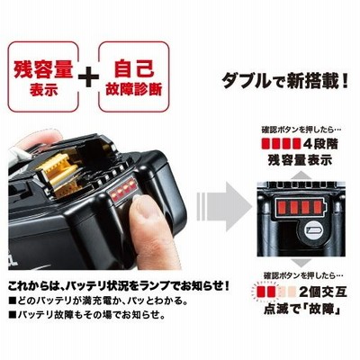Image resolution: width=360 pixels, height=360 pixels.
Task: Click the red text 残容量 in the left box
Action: click(43, 69)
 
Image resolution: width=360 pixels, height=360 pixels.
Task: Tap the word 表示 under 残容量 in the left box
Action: click(43, 90)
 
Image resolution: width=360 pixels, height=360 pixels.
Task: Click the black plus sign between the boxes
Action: click(88, 77)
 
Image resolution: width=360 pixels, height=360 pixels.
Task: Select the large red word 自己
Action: click(134, 69)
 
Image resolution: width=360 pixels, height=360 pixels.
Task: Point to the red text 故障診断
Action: click(134, 90)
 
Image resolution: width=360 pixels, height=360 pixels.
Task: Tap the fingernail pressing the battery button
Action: click(140, 207)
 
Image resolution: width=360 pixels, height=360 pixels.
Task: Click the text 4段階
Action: click(320, 144)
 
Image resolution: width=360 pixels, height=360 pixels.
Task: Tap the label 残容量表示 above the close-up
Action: click(300, 159)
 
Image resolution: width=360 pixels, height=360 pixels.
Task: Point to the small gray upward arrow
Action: click(300, 175)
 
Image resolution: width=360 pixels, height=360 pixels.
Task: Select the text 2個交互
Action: click(323, 292)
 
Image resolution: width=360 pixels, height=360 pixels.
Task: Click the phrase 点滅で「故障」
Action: click(302, 309)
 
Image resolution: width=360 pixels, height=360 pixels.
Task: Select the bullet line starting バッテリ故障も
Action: click(86, 315)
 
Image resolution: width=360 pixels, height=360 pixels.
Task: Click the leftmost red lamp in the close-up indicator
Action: click(282, 206)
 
